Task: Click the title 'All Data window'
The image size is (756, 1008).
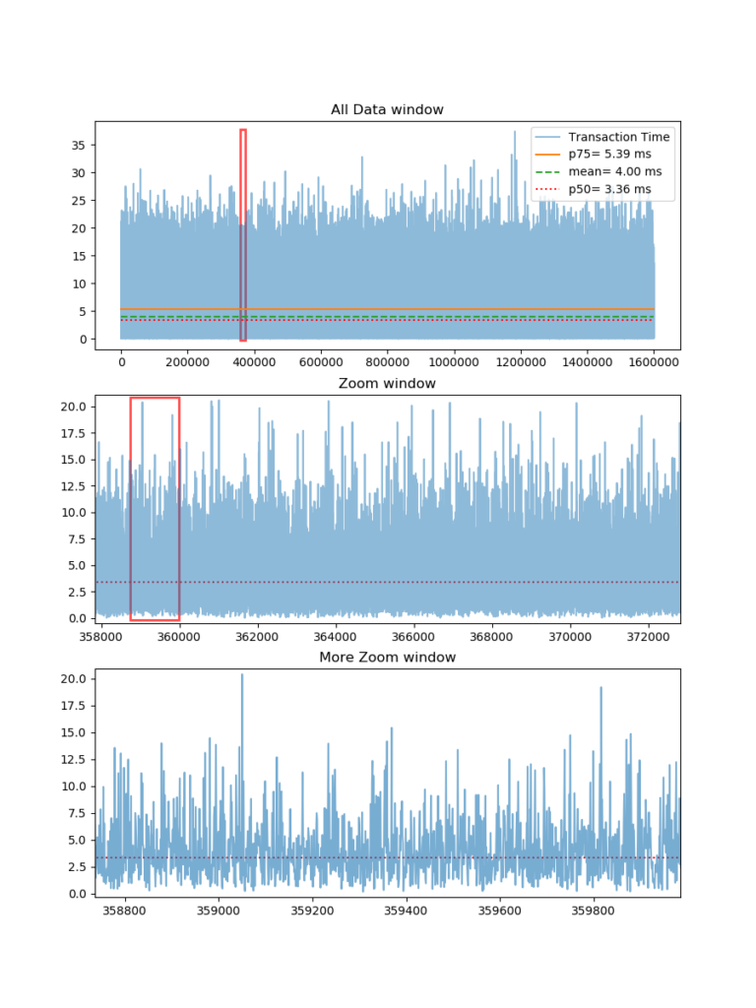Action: pyautogui.click(x=387, y=109)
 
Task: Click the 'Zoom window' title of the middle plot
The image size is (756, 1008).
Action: pyautogui.click(x=387, y=383)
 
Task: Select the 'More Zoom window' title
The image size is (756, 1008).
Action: pyautogui.click(x=387, y=657)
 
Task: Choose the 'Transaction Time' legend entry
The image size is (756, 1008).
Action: pyautogui.click(x=618, y=137)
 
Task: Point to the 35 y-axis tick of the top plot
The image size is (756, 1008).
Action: pyautogui.click(x=82, y=145)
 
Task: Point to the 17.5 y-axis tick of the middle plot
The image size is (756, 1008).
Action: pyautogui.click(x=77, y=433)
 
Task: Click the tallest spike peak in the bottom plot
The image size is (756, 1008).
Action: pyautogui.click(x=242, y=675)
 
